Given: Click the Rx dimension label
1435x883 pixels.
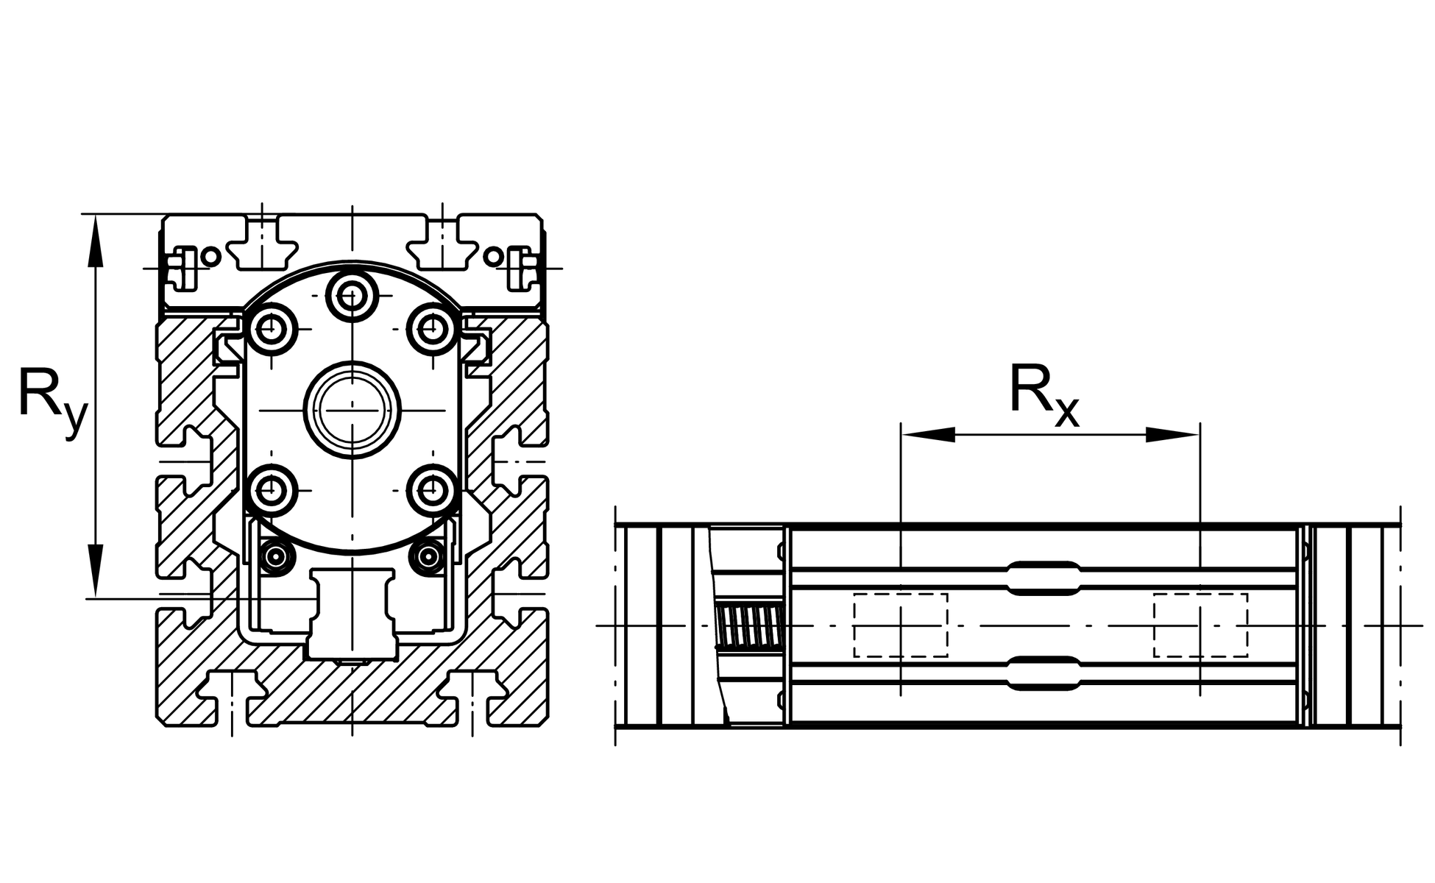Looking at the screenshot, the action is [1044, 397].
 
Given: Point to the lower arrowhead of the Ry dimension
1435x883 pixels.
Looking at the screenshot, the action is [95, 570].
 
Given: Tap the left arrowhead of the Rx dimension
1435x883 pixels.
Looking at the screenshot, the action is [929, 435].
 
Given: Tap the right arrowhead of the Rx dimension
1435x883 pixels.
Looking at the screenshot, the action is [1173, 435].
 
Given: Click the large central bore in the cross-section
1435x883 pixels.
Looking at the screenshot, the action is [352, 410].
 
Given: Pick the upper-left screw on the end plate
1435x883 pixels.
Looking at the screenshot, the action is [273, 328].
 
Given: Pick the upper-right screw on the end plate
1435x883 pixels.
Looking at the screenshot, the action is [432, 328].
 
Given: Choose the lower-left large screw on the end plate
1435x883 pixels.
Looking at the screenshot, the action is [273, 490].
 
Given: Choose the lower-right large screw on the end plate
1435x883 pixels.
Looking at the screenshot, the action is [432, 490].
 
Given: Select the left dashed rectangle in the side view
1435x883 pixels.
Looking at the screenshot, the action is [901, 625].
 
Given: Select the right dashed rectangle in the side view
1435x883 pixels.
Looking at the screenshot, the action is [1200, 625].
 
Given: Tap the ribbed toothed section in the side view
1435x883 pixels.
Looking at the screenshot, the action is [748, 625].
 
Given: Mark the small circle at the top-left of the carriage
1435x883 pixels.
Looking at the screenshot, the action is [211, 257].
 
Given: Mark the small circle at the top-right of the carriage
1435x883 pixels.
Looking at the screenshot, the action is [494, 257].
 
